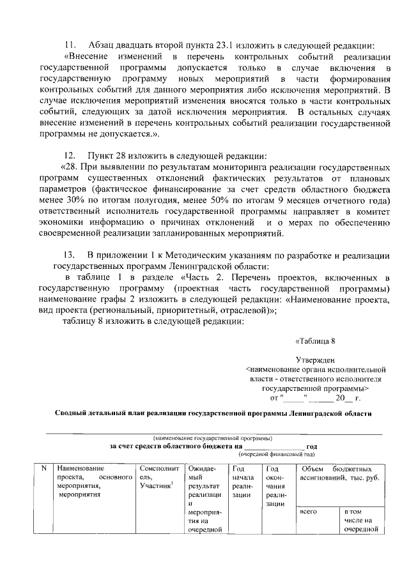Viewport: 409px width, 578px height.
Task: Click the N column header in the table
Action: click(x=43, y=469)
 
